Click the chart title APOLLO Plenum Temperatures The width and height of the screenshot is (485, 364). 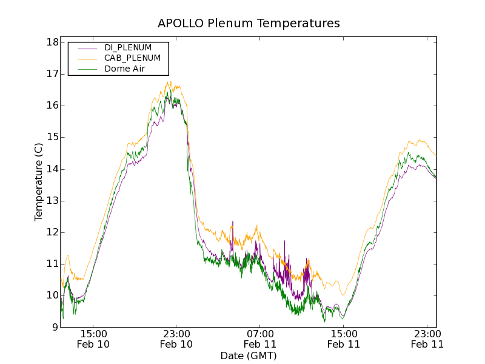(x=249, y=24)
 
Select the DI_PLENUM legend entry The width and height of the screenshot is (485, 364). (x=128, y=47)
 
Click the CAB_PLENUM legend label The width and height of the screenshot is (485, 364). (x=132, y=58)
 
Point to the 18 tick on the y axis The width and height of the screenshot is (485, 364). (x=52, y=42)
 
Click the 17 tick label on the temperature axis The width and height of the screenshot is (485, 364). (x=52, y=74)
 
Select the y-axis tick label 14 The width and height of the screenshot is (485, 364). (x=52, y=169)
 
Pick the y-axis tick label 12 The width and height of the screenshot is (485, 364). (x=52, y=232)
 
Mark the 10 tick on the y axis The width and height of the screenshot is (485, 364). (x=52, y=295)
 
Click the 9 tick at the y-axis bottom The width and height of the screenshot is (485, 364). (x=55, y=327)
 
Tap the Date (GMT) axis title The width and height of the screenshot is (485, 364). (x=249, y=356)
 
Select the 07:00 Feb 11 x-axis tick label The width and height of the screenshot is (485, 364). (x=260, y=339)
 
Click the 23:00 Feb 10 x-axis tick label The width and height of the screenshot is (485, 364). (x=176, y=339)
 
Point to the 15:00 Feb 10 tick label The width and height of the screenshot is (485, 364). (x=93, y=339)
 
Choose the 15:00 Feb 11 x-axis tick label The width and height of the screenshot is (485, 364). (x=344, y=339)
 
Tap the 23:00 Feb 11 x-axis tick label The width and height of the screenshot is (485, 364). (x=427, y=339)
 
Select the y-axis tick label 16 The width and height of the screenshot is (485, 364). (x=52, y=106)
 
